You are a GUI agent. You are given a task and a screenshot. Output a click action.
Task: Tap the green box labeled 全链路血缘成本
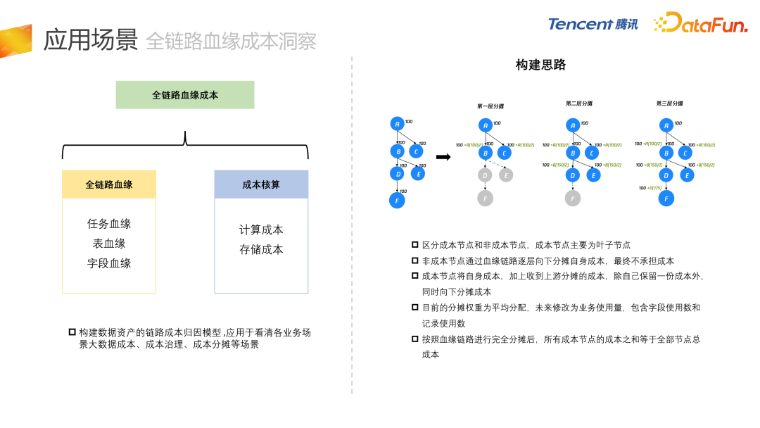185,95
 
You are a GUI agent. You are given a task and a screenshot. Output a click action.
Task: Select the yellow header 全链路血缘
109,184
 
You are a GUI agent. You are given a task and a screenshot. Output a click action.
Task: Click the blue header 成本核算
261,184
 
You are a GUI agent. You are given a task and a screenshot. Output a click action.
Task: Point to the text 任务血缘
109,224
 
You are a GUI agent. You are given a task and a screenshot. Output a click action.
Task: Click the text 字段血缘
109,263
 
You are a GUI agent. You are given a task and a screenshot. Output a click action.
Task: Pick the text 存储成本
261,249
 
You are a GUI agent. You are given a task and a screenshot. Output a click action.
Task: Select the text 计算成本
261,229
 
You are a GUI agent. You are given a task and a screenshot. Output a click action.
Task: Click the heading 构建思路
540,65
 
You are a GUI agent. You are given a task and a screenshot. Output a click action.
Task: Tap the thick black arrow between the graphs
443,157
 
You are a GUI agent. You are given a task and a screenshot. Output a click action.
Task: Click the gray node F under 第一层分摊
485,198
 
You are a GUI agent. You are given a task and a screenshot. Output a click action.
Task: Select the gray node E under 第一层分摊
506,175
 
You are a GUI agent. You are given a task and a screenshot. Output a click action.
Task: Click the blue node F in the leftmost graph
397,200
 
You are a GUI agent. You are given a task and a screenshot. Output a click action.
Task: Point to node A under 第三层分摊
666,126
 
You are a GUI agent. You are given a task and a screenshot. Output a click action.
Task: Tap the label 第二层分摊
579,103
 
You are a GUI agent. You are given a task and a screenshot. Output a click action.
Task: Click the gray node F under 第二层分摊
573,198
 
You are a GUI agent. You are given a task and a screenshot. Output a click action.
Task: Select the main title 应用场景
91,40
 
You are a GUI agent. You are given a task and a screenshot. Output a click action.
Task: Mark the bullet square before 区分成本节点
415,244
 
